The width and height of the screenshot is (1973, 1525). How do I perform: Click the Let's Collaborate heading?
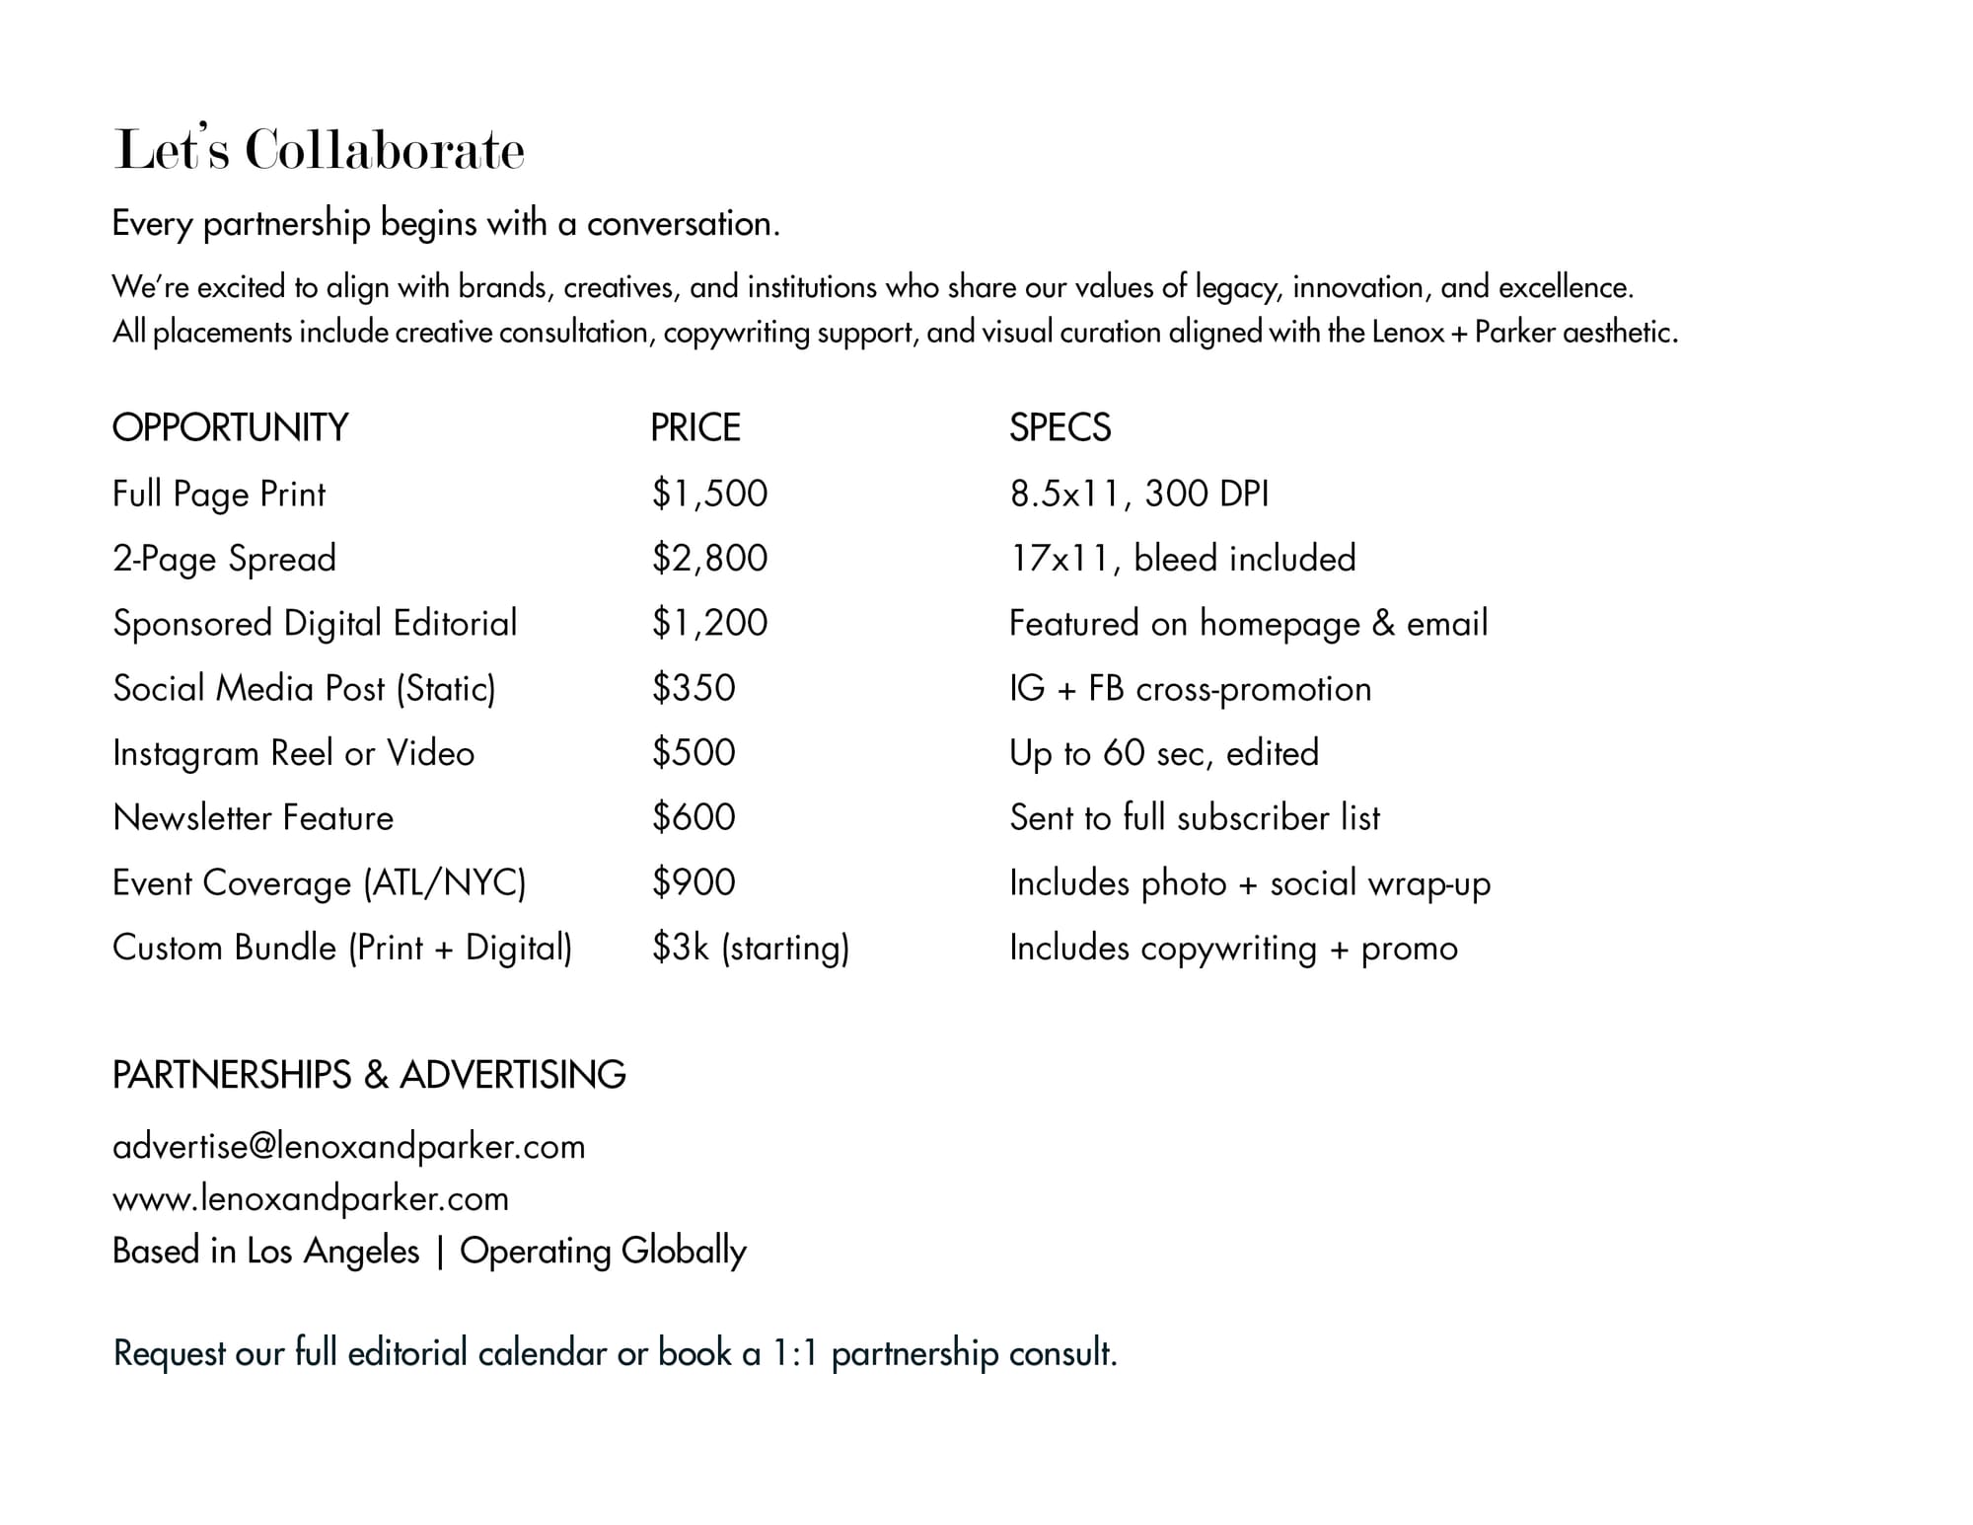pyautogui.click(x=319, y=150)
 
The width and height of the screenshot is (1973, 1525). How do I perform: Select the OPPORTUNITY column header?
pyautogui.click(x=230, y=427)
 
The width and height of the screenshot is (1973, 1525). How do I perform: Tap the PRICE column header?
pyautogui.click(x=694, y=427)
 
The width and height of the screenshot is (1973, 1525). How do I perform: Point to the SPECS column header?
pyautogui.click(x=1060, y=427)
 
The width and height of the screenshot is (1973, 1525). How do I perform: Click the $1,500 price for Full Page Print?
pyautogui.click(x=709, y=493)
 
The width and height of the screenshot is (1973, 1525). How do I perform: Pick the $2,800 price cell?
pyautogui.click(x=709, y=558)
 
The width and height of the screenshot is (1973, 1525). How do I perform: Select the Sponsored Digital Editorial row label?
pyautogui.click(x=315, y=623)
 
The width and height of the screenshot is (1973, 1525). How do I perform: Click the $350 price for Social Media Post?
pyautogui.click(x=694, y=687)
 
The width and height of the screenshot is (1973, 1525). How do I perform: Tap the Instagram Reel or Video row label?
pyautogui.click(x=293, y=753)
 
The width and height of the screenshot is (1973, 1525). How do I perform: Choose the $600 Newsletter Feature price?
pyautogui.click(x=694, y=817)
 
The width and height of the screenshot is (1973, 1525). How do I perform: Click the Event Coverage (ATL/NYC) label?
pyautogui.click(x=319, y=882)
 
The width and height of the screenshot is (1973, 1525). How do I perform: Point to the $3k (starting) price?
pyautogui.click(x=750, y=948)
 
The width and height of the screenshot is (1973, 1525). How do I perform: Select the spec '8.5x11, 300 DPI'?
pyautogui.click(x=1138, y=493)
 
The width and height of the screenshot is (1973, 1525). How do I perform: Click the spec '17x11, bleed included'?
pyautogui.click(x=1182, y=558)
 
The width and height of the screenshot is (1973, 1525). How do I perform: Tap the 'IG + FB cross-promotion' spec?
pyautogui.click(x=1190, y=688)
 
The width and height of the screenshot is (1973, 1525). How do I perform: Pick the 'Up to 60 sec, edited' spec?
pyautogui.click(x=1163, y=753)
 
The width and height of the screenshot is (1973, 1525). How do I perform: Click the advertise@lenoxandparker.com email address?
pyautogui.click(x=348, y=1146)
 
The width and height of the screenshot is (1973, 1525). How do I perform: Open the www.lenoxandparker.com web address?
pyautogui.click(x=311, y=1198)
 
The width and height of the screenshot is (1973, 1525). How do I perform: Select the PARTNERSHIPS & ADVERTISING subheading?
pyautogui.click(x=369, y=1074)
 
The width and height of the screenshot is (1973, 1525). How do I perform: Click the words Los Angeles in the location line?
pyautogui.click(x=333, y=1251)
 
